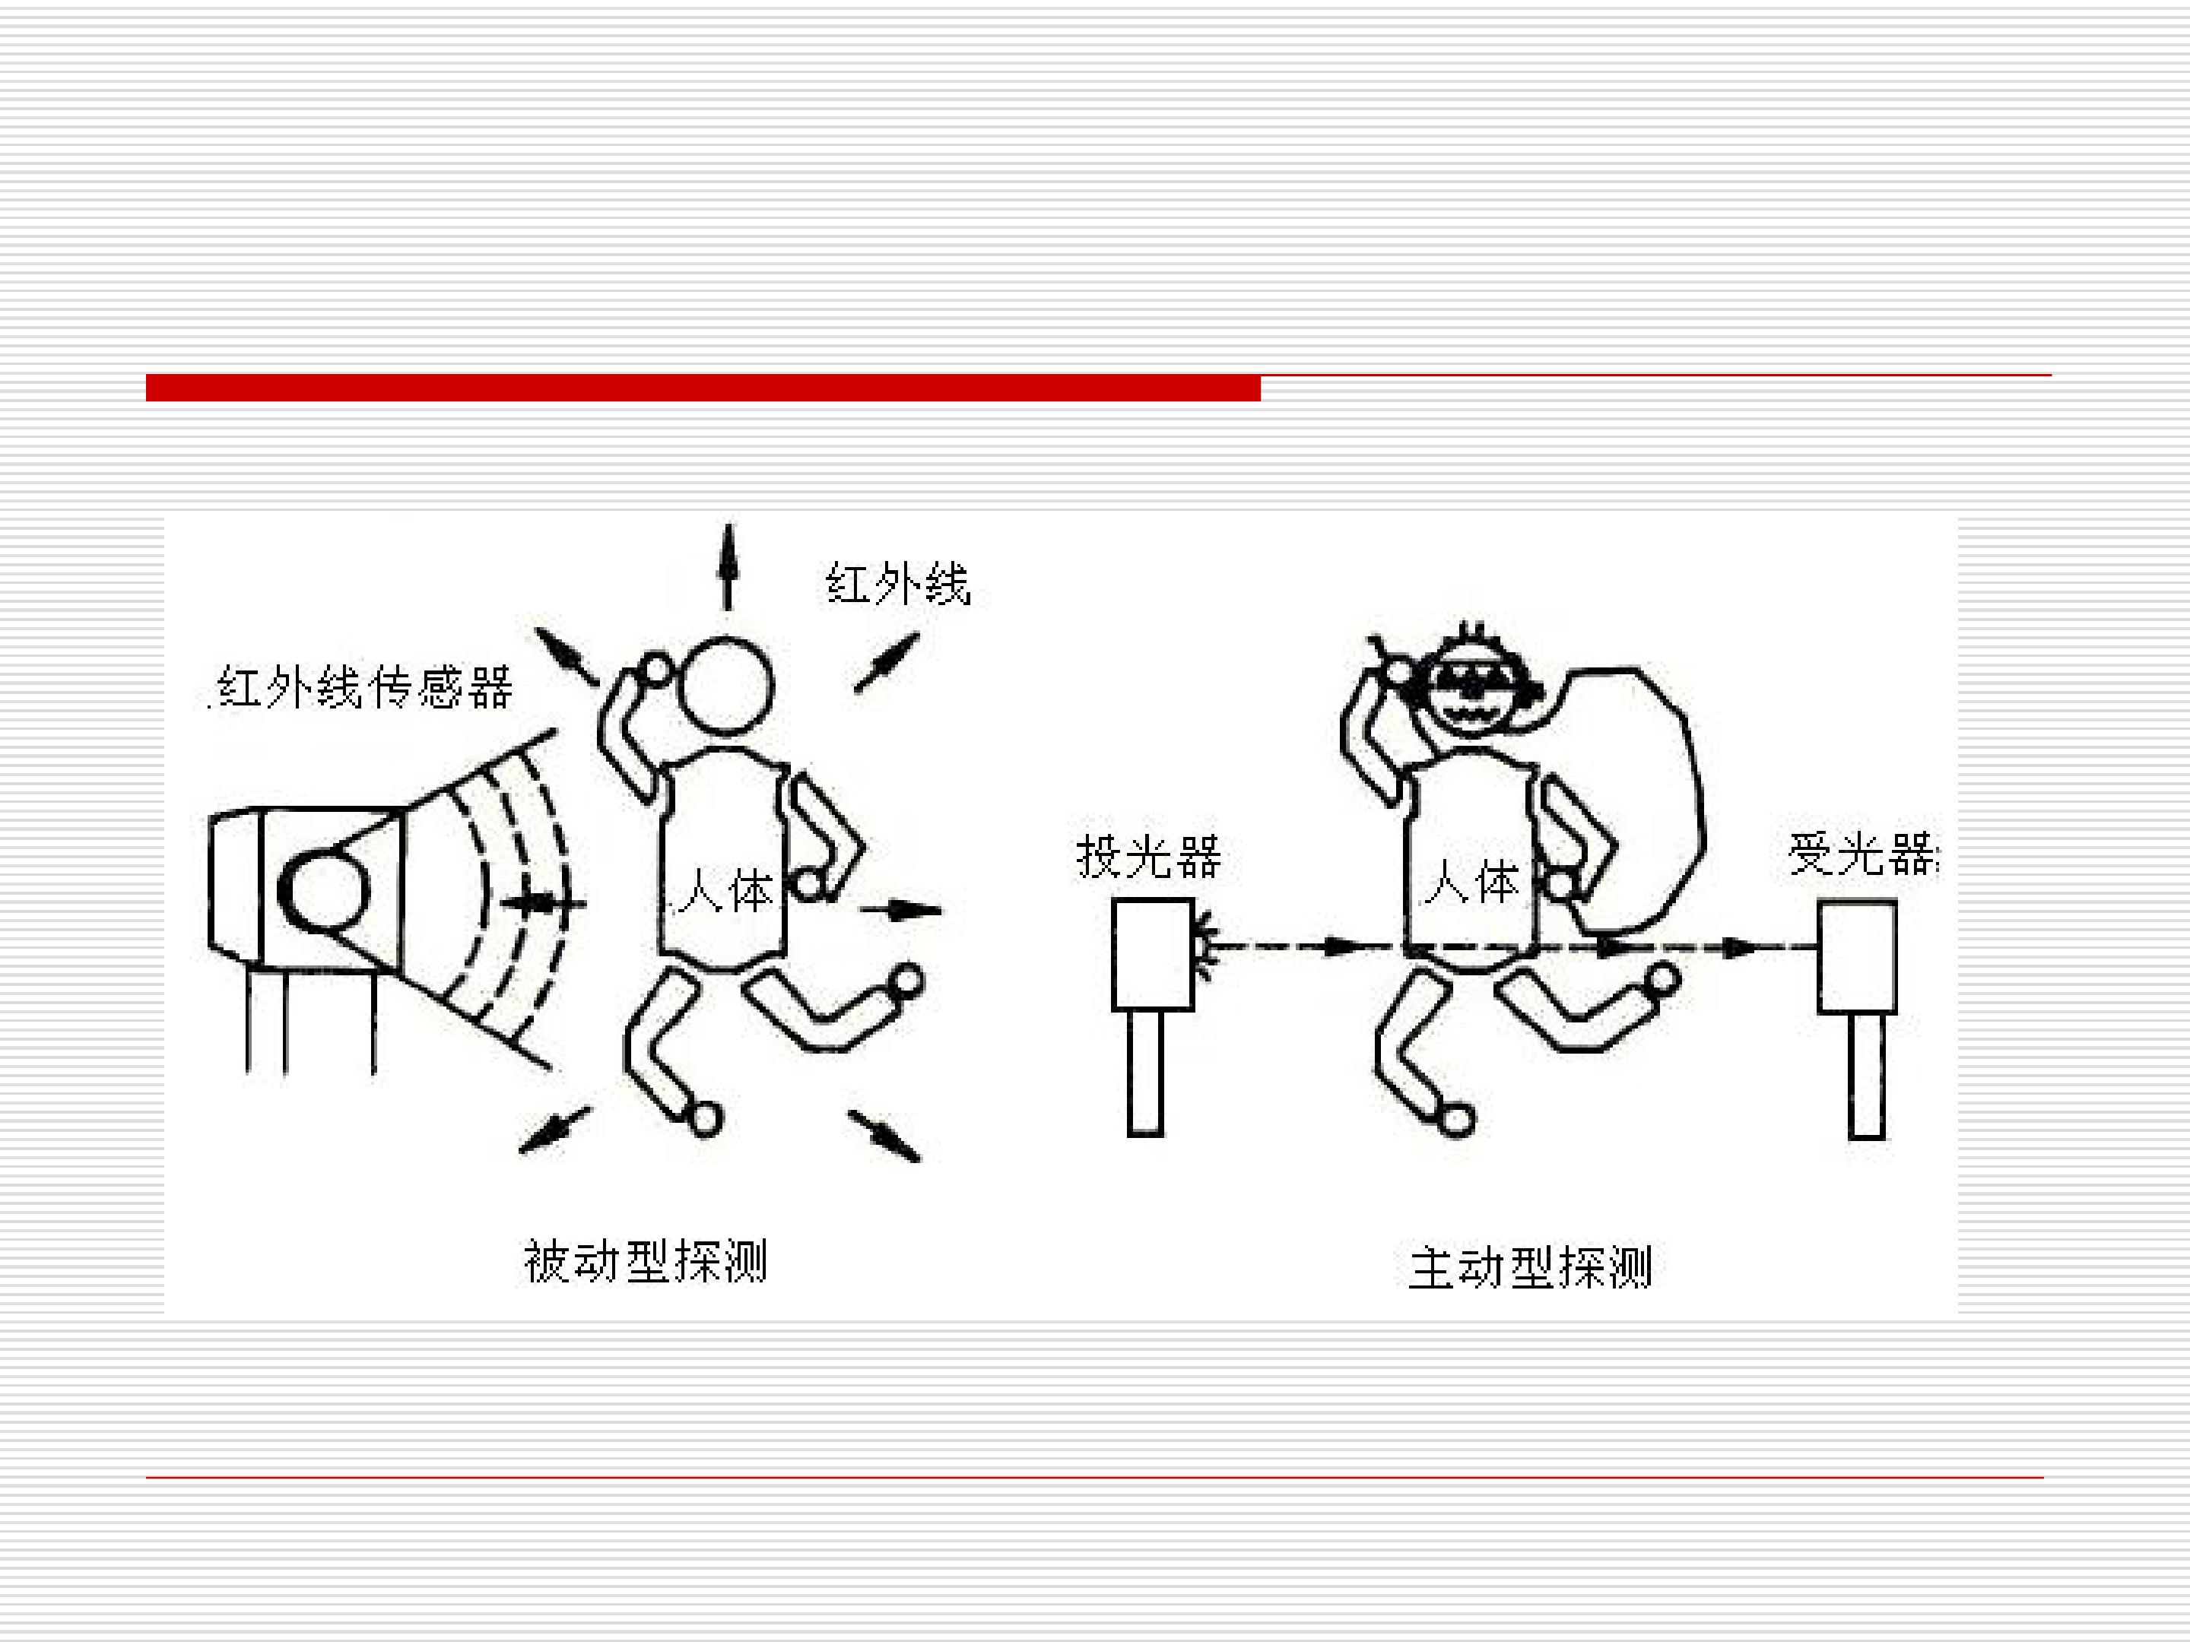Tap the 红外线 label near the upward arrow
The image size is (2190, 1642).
pos(898,583)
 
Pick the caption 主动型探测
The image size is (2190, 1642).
pos(1530,1268)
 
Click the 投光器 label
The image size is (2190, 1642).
pos(1148,856)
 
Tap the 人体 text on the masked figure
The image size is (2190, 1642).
pos(1470,882)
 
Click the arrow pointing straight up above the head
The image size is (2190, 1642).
pos(728,566)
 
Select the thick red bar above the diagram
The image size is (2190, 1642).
pos(703,388)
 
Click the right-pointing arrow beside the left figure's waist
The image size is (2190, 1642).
pos(901,910)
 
